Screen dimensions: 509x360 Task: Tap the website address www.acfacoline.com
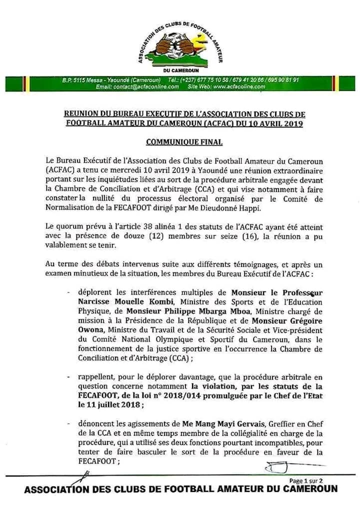click(x=233, y=86)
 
